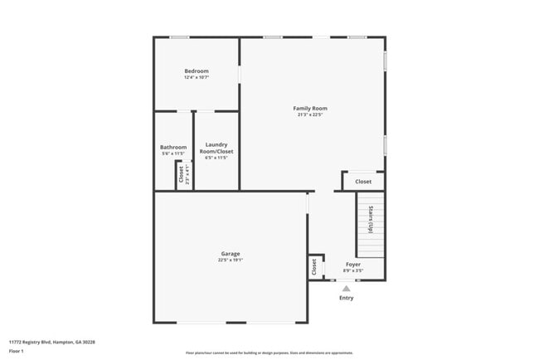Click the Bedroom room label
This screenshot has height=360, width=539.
[197, 71]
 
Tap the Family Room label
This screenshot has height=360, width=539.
[310, 109]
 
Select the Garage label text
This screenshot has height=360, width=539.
[231, 254]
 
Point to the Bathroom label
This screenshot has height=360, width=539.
[173, 148]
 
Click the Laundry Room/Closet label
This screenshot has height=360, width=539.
[216, 148]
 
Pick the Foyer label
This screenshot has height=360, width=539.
[353, 265]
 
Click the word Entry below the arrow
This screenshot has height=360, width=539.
[347, 298]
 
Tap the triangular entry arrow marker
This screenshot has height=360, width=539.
[347, 289]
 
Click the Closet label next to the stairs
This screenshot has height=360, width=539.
[363, 182]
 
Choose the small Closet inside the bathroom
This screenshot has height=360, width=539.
[181, 174]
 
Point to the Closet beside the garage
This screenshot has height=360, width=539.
[314, 267]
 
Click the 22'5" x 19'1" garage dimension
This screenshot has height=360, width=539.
[231, 260]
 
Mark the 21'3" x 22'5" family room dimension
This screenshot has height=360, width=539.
[310, 115]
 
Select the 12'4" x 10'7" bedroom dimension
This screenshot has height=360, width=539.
[197, 78]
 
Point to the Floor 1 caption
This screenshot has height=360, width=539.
[17, 351]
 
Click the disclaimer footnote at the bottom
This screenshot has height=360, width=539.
[269, 353]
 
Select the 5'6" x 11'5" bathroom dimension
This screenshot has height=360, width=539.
[173, 154]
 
